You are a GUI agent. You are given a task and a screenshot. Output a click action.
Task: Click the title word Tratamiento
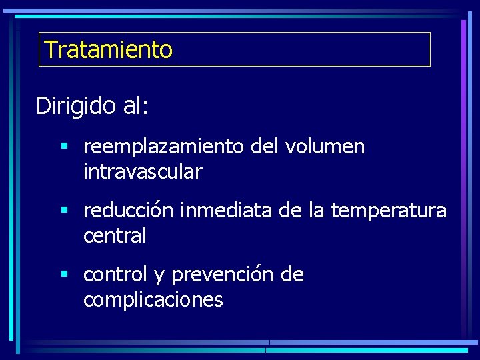[108, 49]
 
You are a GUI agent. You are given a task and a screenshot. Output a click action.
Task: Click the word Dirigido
[76, 106]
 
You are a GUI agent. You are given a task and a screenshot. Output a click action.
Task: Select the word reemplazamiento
[163, 147]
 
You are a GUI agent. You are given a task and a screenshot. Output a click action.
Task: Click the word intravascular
[142, 172]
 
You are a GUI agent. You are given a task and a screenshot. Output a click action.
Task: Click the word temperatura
[388, 211]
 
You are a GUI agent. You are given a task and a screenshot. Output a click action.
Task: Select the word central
[114, 235]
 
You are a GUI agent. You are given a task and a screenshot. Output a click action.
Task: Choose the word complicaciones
[153, 300]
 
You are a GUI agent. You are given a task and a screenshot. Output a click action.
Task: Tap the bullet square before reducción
[64, 211]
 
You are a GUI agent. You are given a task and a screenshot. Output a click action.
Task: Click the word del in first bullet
[264, 147]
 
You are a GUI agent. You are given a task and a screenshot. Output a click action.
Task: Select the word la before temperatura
[317, 211]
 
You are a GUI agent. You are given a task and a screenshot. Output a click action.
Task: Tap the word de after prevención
[292, 275]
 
